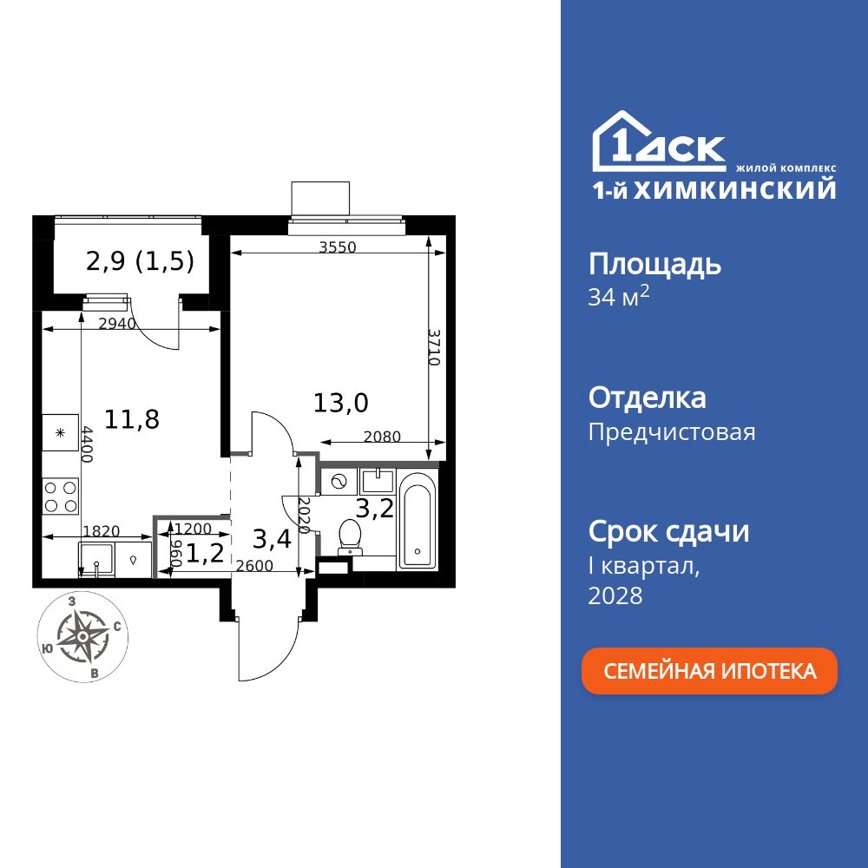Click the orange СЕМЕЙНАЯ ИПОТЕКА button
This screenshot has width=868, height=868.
709,671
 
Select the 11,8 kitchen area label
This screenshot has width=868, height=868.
132,419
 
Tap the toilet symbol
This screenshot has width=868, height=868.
351,536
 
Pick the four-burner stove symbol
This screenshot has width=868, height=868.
61,496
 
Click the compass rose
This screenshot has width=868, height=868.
82,636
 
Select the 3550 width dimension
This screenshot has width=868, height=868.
337,247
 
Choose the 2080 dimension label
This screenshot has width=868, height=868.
382,437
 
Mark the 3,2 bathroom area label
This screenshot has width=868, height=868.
377,508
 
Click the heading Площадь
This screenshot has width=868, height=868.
654,263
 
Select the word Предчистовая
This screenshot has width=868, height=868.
672,431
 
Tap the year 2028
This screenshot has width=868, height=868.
615,595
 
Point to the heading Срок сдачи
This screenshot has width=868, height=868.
668,530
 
